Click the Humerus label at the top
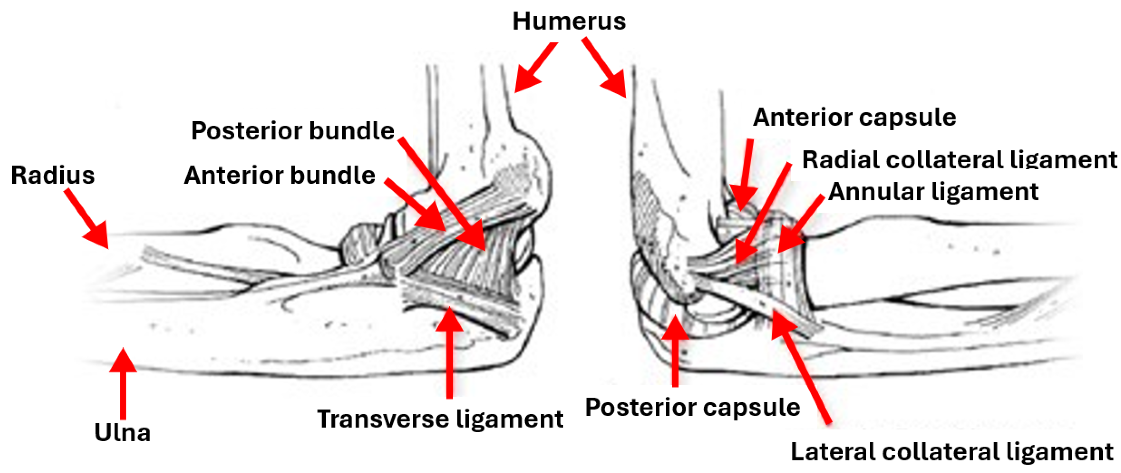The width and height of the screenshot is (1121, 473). tap(569, 21)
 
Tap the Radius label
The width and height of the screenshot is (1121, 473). tap(53, 175)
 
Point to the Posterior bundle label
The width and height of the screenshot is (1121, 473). tap(293, 131)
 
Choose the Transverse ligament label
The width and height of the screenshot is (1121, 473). tap(440, 419)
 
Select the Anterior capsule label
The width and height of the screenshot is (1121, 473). tap(854, 117)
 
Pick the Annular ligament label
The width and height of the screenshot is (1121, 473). tap(933, 192)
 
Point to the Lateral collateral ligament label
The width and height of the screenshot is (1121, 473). tap(951, 451)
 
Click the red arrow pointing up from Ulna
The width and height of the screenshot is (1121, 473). tap(123, 383)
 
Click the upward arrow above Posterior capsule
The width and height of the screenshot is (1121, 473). tap(675, 350)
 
